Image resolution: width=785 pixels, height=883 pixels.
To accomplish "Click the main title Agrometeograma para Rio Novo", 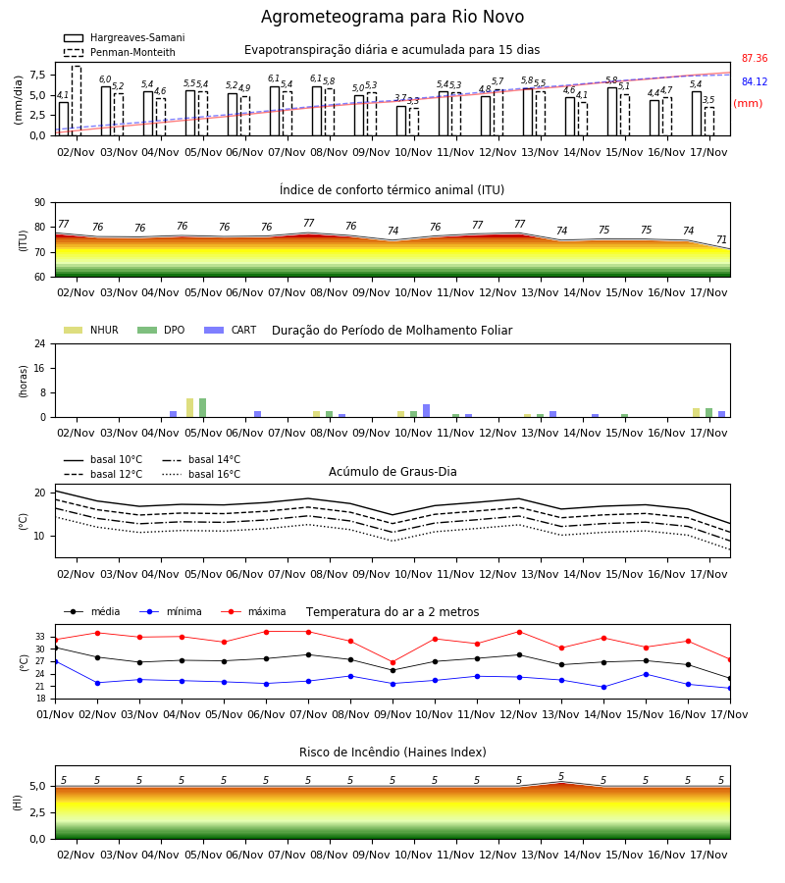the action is (392, 17).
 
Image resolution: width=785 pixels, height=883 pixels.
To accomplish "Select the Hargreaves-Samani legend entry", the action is (125, 37).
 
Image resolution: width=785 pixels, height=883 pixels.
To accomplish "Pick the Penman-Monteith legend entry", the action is (120, 52).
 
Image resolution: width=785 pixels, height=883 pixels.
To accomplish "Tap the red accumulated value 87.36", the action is (755, 59).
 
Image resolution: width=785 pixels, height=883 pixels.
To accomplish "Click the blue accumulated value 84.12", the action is (755, 82).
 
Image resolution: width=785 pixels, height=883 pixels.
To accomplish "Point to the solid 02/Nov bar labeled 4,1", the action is (64, 119).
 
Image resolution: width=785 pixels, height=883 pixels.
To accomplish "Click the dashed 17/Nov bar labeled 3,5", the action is (709, 122).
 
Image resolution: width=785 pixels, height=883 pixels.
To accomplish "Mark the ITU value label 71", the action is (721, 240).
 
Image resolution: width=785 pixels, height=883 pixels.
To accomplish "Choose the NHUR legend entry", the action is (91, 330).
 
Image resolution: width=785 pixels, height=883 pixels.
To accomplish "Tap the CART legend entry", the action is (231, 330).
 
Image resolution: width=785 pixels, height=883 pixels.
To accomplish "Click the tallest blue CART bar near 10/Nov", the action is (426, 410).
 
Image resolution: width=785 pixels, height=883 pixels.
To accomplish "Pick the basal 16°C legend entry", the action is (201, 474).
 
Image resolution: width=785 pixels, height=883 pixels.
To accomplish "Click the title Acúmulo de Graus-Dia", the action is (392, 472).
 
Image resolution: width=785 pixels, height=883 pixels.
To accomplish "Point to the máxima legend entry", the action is (254, 611).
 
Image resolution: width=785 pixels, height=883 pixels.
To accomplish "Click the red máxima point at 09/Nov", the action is (393, 662).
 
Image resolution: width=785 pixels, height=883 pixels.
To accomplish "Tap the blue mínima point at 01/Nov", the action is (55, 661).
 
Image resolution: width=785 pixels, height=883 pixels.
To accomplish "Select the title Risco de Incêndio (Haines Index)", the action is (392, 753).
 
